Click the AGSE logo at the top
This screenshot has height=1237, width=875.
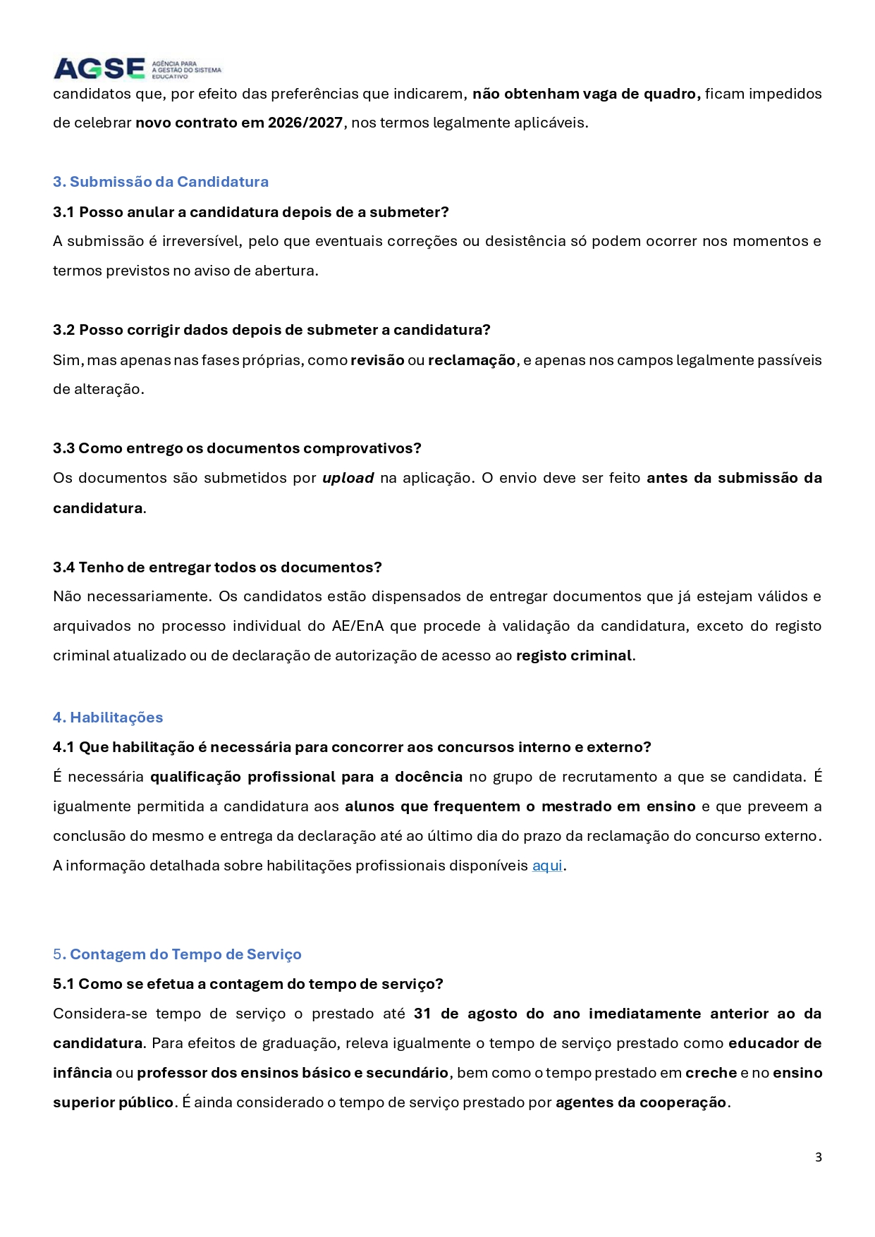(137, 68)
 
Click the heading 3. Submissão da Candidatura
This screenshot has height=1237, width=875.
(161, 182)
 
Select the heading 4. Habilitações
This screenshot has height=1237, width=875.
(108, 718)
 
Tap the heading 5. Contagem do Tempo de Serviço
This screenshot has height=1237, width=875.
(178, 954)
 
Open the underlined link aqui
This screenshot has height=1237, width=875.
(547, 866)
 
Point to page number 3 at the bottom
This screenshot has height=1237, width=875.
(818, 1157)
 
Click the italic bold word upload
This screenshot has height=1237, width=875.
(348, 478)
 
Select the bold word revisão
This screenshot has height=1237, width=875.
(377, 360)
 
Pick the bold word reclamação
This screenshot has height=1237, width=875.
(472, 360)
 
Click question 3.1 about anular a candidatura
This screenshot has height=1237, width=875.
(250, 212)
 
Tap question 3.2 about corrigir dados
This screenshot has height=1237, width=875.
(271, 330)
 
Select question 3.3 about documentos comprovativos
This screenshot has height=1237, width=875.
(237, 448)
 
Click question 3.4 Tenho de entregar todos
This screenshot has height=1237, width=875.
(217, 567)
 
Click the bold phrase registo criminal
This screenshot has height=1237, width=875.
(574, 656)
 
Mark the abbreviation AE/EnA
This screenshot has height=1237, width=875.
(357, 626)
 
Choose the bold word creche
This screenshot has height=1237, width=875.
(711, 1073)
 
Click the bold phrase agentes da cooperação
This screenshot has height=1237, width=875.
(641, 1102)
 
